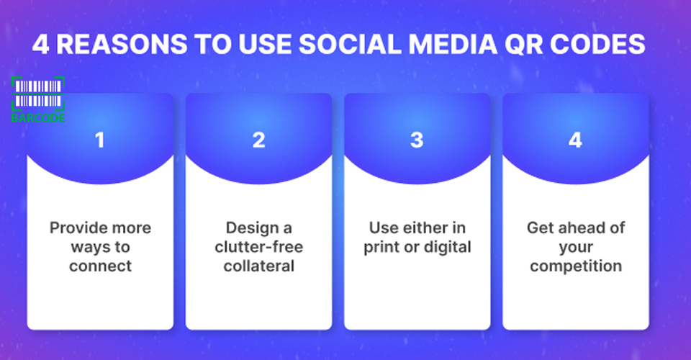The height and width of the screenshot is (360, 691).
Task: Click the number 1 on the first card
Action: point(100,140)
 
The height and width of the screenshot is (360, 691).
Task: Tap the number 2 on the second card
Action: point(258,140)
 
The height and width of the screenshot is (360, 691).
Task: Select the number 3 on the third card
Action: point(417,140)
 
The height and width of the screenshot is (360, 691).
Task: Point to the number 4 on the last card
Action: point(575,140)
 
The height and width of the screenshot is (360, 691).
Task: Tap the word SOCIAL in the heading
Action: point(350,45)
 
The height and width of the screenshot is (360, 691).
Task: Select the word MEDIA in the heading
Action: point(453,45)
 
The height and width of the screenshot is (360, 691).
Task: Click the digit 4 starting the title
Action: point(40,45)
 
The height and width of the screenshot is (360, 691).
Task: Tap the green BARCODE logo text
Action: point(38,117)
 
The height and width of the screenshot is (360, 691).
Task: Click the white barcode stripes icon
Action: point(38,94)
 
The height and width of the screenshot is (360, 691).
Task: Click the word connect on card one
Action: point(101,266)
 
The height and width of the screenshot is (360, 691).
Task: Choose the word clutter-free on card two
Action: point(258,247)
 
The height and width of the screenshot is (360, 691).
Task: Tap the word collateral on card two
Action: point(258,266)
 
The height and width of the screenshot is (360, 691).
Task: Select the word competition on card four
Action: point(576,266)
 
